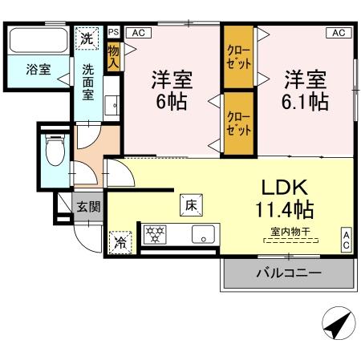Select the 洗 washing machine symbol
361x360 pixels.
[86, 38]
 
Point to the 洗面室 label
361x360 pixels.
[87, 79]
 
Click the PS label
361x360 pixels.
[113, 32]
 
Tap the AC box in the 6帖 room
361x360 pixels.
[137, 32]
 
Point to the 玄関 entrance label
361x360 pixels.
[89, 206]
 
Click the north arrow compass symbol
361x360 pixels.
[336, 326]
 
